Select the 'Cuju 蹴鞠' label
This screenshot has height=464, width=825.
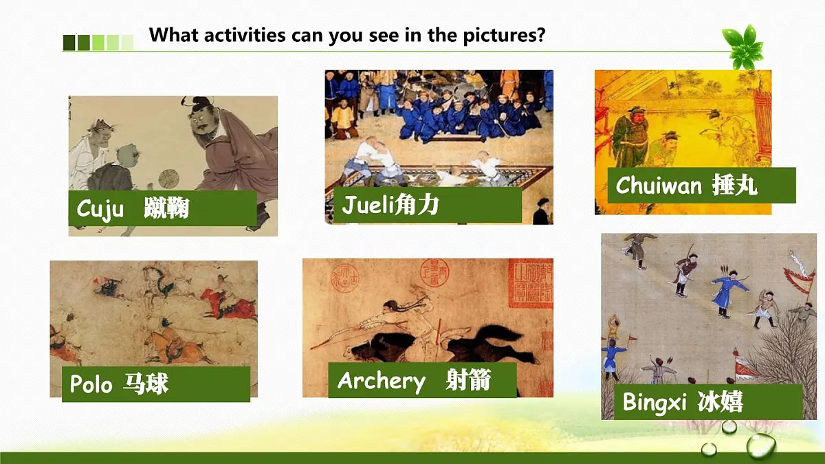(x=162, y=208)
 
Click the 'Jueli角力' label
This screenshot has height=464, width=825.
(x=428, y=205)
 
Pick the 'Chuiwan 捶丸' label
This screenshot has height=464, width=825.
(x=701, y=185)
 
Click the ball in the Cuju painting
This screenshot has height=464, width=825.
(x=168, y=179)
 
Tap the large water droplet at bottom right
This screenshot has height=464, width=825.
(x=760, y=445)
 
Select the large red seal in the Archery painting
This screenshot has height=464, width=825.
(x=529, y=283)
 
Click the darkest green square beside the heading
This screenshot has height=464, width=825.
(x=69, y=43)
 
